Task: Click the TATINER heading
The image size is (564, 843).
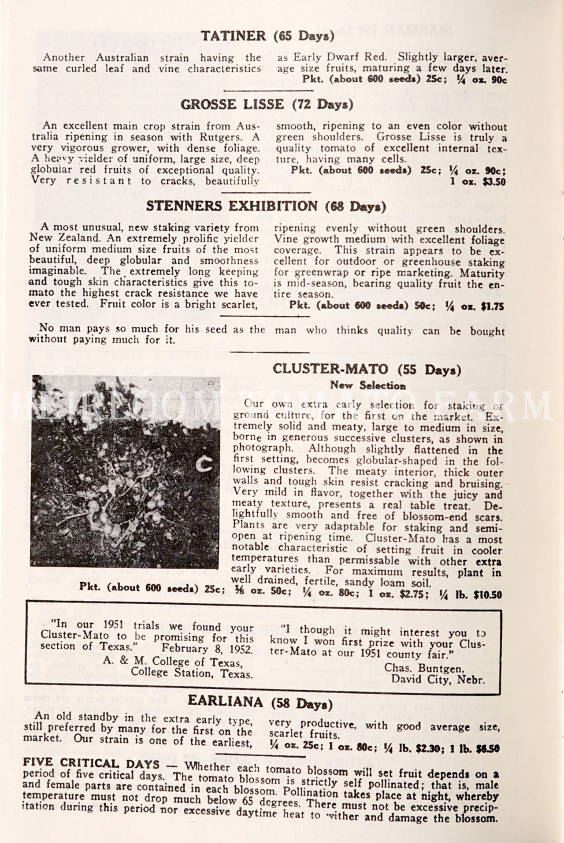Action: coord(233,36)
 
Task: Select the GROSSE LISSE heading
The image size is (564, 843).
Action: coord(232,105)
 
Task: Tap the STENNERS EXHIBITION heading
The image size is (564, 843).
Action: coord(231,206)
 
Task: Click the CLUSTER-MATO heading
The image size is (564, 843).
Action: coord(330,369)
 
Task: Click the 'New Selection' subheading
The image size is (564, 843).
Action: coord(367,385)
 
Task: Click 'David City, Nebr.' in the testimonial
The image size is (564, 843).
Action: coord(438,679)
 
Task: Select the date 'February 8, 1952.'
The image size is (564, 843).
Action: coord(207,649)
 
